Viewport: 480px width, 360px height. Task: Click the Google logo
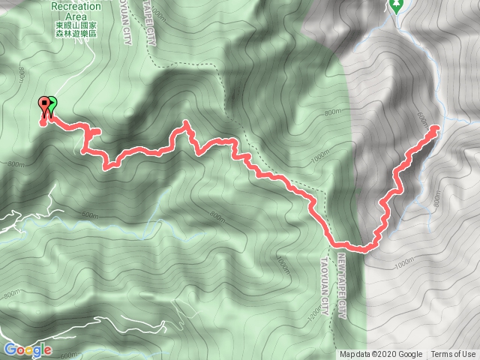[x=27, y=349]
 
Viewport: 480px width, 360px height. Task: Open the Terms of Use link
[x=453, y=355]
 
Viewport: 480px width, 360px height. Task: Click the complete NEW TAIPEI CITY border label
[x=341, y=286]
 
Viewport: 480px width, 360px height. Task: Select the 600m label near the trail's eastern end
[x=418, y=119]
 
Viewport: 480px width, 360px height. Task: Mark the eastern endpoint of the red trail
[x=436, y=129]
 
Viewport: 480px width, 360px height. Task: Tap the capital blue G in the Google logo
[x=10, y=349]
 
